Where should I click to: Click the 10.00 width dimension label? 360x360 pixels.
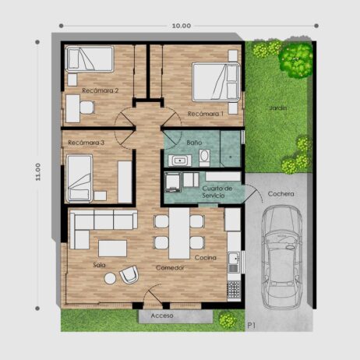[182, 26]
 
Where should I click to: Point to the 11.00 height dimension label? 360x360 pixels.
[38, 171]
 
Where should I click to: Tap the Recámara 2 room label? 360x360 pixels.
[101, 90]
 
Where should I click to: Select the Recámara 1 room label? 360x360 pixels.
[206, 114]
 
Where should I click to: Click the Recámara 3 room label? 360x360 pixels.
[86, 143]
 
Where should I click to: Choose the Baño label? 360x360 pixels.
[194, 143]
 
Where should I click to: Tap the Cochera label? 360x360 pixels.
[281, 194]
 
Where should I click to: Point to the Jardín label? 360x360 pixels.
[278, 108]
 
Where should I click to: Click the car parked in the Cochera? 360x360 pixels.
[282, 257]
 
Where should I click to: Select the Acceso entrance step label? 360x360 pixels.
[162, 316]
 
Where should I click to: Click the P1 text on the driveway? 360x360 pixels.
[252, 325]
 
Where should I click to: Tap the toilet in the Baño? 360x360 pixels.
[204, 157]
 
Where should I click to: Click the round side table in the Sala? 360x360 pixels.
[110, 278]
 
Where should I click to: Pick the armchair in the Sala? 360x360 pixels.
[129, 274]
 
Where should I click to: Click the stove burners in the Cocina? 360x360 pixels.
[234, 291]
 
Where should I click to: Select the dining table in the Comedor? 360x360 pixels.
[179, 233]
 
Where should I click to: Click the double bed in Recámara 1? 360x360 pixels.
[216, 82]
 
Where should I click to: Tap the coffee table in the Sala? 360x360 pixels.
[112, 249]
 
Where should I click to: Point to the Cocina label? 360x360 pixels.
[206, 258]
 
